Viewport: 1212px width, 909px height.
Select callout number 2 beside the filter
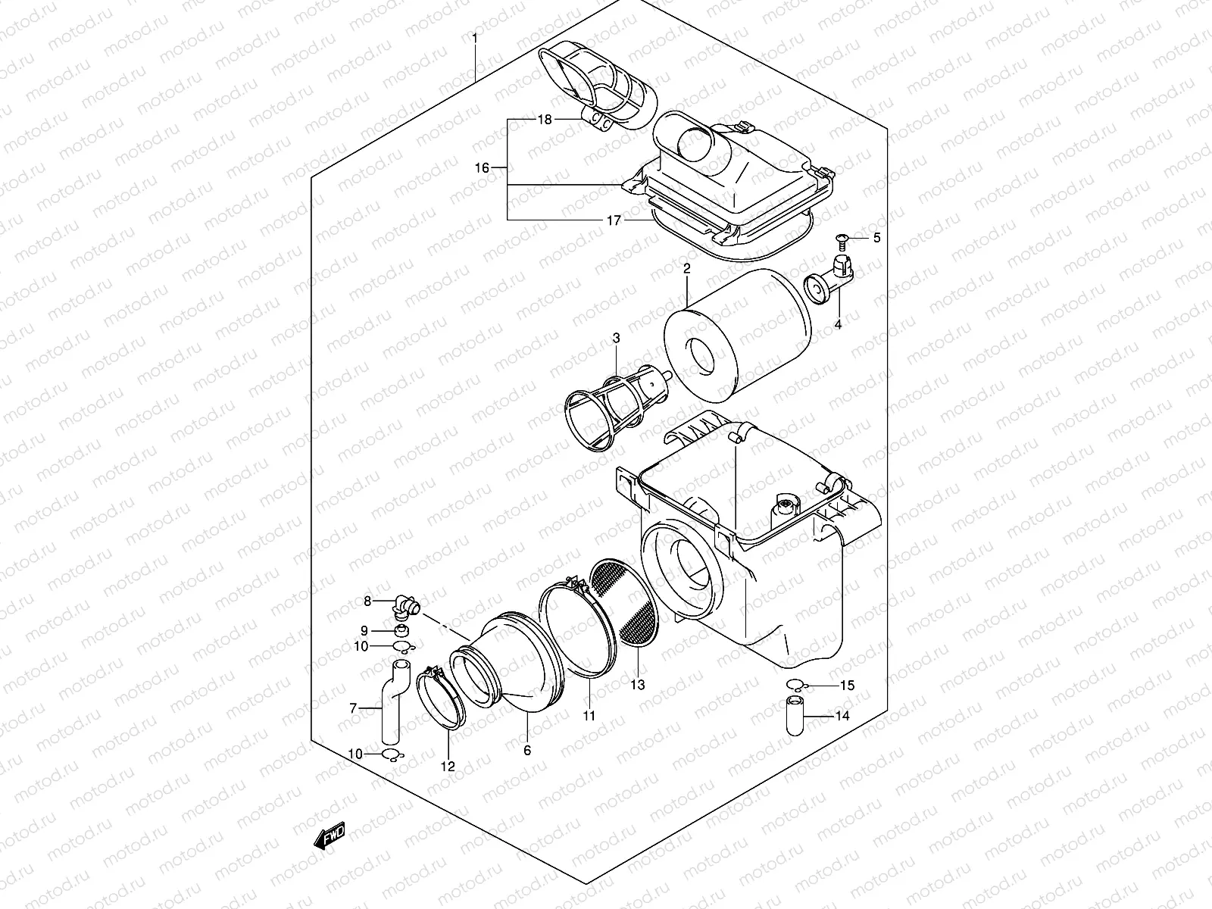point(686,269)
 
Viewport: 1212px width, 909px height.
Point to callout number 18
point(545,120)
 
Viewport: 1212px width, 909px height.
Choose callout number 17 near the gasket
point(614,220)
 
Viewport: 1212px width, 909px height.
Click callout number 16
point(483,168)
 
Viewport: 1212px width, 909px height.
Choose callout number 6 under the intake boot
point(527,751)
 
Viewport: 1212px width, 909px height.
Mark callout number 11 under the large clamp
point(589,715)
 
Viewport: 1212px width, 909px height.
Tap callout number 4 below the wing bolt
point(839,325)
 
